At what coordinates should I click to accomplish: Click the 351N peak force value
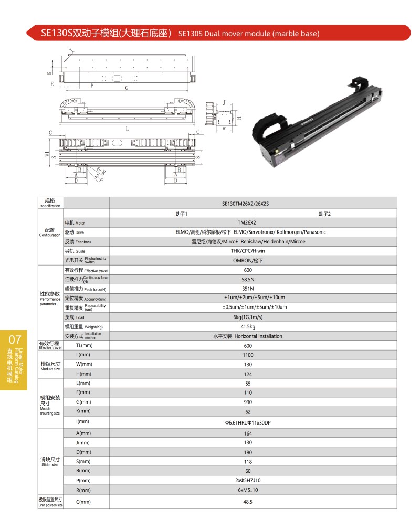pyautogui.click(x=248, y=289)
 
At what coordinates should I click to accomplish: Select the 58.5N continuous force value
pyautogui.click(x=248, y=279)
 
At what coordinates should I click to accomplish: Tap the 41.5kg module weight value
pyautogui.click(x=248, y=327)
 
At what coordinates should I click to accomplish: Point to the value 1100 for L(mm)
pyautogui.click(x=248, y=355)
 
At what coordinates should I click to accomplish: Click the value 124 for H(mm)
pyautogui.click(x=248, y=374)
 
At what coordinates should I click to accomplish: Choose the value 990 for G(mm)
pyautogui.click(x=248, y=402)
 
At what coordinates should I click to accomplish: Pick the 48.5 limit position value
pyautogui.click(x=248, y=502)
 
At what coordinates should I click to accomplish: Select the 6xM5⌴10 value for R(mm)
pyautogui.click(x=248, y=490)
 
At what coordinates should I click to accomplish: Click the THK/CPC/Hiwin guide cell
pyautogui.click(x=248, y=251)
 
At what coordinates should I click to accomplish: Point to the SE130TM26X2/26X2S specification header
pyautogui.click(x=248, y=204)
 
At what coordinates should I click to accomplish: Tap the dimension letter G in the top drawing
pyautogui.click(x=127, y=88)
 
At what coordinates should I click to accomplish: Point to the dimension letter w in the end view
pyautogui.click(x=224, y=128)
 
